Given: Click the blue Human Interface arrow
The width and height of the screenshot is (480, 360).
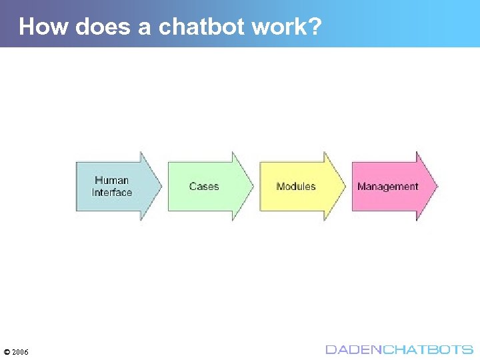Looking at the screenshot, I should click(117, 186).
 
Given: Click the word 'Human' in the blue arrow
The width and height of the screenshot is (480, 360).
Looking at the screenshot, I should click(111, 180).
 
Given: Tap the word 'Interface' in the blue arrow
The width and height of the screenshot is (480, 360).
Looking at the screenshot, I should click(112, 193).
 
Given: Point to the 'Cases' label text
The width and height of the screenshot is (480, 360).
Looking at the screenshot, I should click(204, 187).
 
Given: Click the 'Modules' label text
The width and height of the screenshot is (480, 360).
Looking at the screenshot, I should click(296, 187).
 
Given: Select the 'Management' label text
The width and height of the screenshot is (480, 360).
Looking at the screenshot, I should click(388, 187).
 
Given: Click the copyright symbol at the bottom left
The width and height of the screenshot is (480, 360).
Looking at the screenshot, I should click(7, 351).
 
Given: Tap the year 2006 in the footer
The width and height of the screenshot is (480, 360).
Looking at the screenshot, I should click(20, 351).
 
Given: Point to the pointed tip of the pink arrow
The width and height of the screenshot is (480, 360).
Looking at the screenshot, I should click(437, 186).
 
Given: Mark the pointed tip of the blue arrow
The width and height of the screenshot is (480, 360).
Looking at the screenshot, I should click(161, 186).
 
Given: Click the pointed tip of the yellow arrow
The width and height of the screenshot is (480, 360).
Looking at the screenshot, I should click(345, 186).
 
